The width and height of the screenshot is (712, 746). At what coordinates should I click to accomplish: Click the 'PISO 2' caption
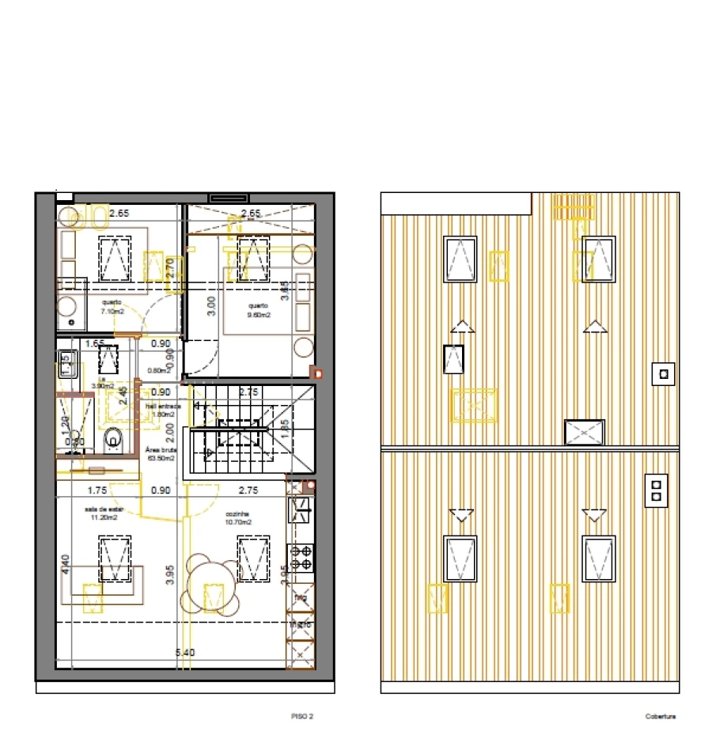pyautogui.click(x=302, y=717)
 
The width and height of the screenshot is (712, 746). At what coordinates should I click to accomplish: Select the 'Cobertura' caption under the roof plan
pyautogui.click(x=660, y=717)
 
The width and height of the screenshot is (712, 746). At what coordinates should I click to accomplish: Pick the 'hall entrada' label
pyautogui.click(x=163, y=410)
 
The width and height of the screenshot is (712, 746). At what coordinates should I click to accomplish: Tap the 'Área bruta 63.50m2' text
pyautogui.click(x=161, y=453)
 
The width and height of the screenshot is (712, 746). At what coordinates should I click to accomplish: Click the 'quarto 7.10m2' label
pyautogui.click(x=112, y=307)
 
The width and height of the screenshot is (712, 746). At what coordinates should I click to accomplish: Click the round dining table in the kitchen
pyautogui.click(x=211, y=583)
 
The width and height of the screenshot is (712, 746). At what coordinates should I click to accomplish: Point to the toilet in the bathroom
pyautogui.click(x=114, y=437)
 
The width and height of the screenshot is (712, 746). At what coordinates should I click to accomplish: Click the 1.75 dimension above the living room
pyautogui.click(x=97, y=490)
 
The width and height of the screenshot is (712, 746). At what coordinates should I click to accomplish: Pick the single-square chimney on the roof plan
pyautogui.click(x=664, y=373)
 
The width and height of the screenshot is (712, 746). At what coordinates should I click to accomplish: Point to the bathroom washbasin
pyautogui.click(x=65, y=365)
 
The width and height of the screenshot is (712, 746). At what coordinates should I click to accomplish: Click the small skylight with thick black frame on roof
pyautogui.click(x=453, y=360)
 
